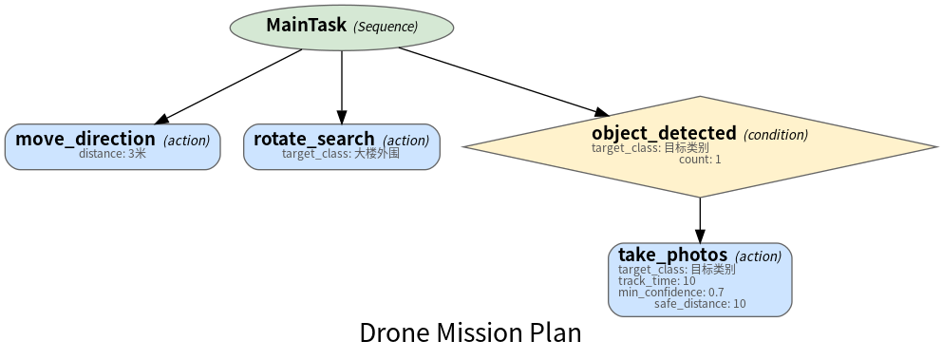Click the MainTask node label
coord(307,26)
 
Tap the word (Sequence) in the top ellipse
coord(386,27)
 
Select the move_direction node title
coord(85,139)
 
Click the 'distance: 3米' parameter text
coord(112,153)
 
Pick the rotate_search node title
coord(314,139)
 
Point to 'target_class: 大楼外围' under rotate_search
coord(341,153)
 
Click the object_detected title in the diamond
coord(664,133)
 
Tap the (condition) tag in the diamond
coord(776,135)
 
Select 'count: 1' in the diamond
coord(700,160)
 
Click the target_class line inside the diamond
coord(650,148)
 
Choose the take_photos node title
coord(673,255)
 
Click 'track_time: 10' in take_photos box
coord(656,280)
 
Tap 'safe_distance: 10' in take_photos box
coord(700,304)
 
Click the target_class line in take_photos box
coord(676,269)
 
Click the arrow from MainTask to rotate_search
coord(342,87)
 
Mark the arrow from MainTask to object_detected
coord(503,81)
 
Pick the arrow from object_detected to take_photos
coord(700,220)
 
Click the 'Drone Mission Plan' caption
coord(470,333)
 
